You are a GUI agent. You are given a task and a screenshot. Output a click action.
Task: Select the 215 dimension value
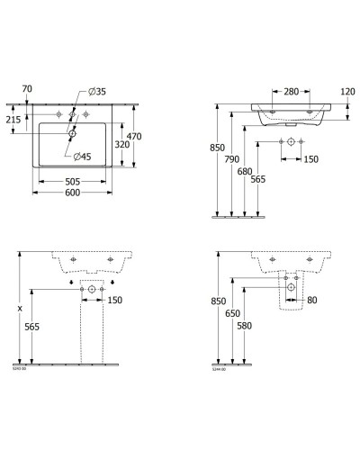(13, 120)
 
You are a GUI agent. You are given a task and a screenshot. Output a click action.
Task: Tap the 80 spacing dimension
(311, 300)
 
